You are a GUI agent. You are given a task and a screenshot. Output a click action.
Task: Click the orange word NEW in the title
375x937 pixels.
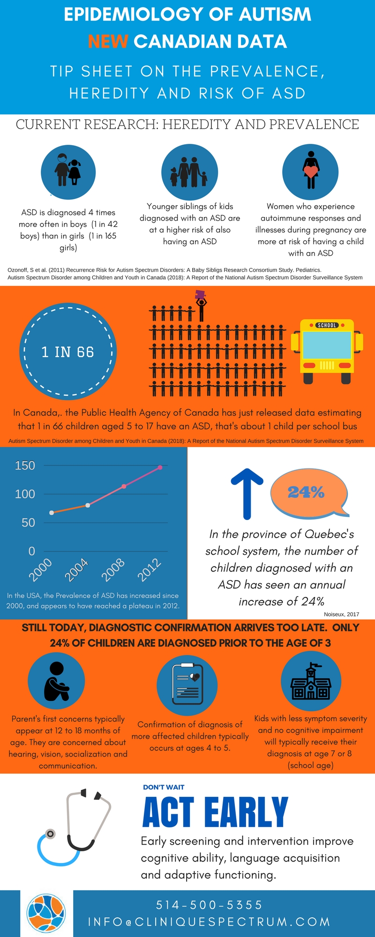point(108,42)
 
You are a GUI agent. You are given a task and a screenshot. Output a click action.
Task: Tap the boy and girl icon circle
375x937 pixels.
point(68,172)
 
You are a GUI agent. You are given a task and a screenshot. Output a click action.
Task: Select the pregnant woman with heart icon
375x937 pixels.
point(310,171)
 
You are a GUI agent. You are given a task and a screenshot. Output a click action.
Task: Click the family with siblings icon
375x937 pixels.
point(189,172)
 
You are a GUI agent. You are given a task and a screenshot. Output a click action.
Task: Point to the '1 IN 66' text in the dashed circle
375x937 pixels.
point(68,352)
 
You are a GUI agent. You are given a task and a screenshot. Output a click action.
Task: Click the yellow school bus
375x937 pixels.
point(327,350)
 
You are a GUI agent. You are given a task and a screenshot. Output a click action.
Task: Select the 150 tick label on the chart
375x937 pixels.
point(25,465)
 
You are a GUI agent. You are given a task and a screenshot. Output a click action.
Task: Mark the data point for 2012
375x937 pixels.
point(160,467)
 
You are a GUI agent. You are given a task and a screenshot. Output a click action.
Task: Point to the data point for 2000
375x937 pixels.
point(52,513)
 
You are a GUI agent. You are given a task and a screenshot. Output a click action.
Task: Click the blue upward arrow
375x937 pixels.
point(247,493)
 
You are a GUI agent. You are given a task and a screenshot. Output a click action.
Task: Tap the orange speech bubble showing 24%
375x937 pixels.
point(309,492)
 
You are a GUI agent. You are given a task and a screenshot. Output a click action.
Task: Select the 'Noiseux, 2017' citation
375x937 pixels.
point(341,614)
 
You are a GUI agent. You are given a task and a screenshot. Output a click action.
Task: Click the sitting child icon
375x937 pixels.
point(56,681)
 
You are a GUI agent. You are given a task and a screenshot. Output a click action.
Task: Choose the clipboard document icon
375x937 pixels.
point(187,684)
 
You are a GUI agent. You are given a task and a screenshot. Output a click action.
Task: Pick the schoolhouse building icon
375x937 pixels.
point(311,682)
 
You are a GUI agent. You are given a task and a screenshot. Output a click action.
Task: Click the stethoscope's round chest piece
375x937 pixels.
point(50,833)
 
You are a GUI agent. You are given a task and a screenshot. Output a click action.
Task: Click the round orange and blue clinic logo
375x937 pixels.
point(46,913)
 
